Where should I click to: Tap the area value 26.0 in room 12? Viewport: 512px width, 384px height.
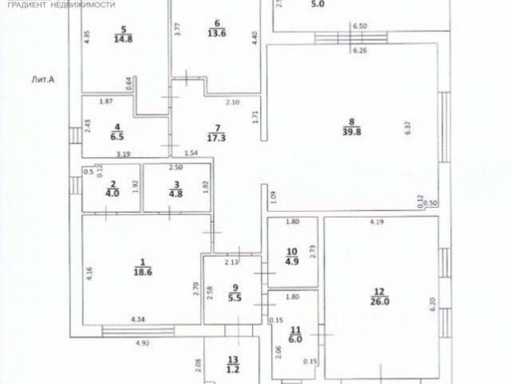click(380, 302)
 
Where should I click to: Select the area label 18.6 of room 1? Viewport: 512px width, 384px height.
click(142, 273)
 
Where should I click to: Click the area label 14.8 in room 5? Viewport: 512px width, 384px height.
click(123, 37)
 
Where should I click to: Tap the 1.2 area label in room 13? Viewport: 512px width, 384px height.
click(233, 370)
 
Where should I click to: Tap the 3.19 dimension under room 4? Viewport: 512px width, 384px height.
click(122, 153)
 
